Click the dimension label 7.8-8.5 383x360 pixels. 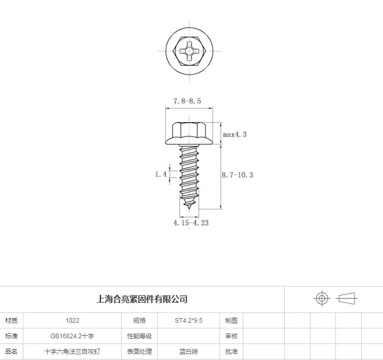click(187, 101)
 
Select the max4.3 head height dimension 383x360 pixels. click(235, 134)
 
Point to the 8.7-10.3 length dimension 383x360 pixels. click(238, 175)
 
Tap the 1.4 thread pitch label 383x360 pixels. click(161, 174)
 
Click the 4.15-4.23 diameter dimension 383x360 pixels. click(191, 223)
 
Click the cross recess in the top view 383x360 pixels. click(189, 51)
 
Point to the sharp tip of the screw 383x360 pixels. click(189, 208)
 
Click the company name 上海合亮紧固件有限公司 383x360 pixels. click(142, 299)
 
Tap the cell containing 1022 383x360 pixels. click(72, 321)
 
